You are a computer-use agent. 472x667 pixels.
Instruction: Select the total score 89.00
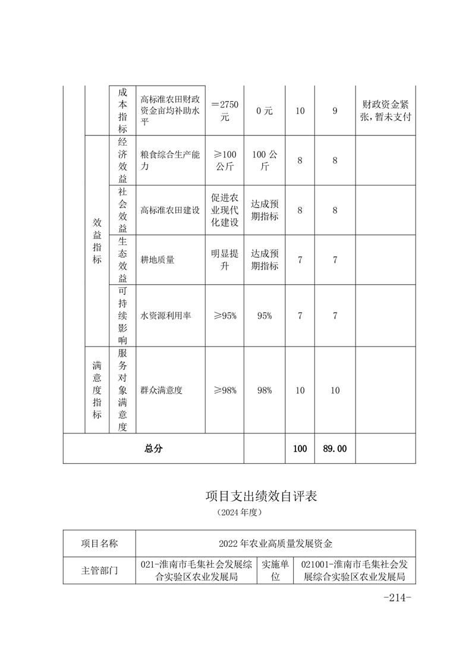(335, 449)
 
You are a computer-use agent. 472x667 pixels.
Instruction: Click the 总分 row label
(153, 449)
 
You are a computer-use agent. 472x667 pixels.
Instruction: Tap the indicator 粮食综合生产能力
(169, 161)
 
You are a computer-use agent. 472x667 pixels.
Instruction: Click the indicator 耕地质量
(158, 260)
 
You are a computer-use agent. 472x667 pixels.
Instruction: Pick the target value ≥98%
(225, 391)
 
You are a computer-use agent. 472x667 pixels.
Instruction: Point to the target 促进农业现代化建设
(225, 210)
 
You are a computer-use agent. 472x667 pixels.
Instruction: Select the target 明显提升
(225, 260)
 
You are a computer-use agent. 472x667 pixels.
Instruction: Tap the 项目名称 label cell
(99, 543)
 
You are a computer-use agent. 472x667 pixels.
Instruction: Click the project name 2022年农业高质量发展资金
(275, 543)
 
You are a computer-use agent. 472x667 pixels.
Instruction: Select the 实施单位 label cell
(275, 570)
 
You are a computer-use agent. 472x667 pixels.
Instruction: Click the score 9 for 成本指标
(335, 111)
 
